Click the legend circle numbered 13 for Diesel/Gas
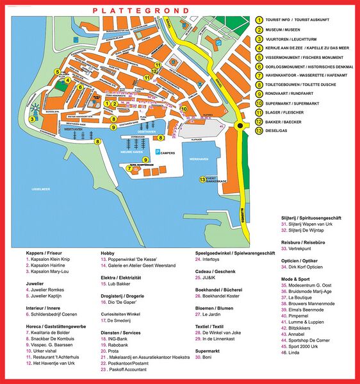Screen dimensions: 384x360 click(259, 131)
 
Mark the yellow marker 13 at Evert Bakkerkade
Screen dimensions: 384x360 click(202, 179)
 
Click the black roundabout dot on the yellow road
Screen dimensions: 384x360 click(240, 126)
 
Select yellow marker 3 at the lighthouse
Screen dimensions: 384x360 click(31, 119)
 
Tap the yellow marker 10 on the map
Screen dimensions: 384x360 click(184, 109)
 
